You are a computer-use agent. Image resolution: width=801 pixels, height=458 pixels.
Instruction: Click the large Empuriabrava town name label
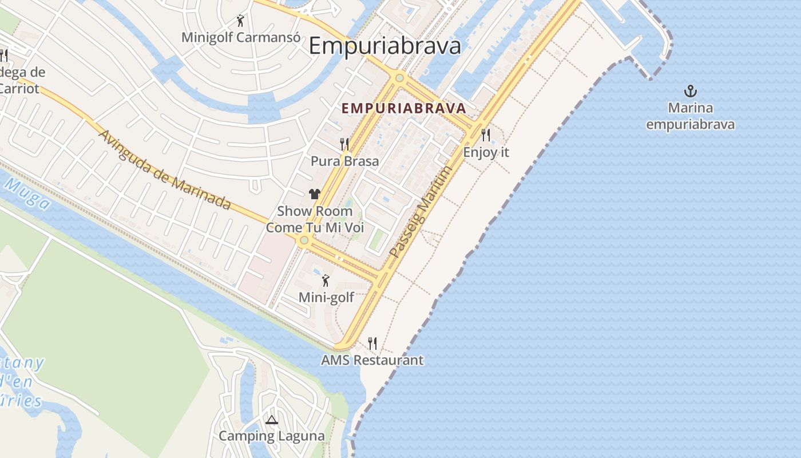pyautogui.click(x=385, y=46)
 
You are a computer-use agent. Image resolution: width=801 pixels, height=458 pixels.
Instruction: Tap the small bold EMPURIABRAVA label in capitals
pyautogui.click(x=404, y=108)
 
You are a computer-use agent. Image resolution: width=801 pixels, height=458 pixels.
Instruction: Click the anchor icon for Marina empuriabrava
pyautogui.click(x=691, y=91)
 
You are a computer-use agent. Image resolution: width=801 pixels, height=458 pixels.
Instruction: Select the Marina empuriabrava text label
pyautogui.click(x=691, y=116)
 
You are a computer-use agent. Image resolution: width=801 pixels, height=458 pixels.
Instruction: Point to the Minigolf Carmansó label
pyautogui.click(x=241, y=37)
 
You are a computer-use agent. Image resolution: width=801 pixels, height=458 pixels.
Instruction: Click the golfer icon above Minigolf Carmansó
pyautogui.click(x=240, y=21)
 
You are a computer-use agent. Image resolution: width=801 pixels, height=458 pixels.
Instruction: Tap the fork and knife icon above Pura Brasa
pyautogui.click(x=344, y=144)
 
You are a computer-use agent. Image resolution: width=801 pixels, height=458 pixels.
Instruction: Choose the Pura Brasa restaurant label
pyautogui.click(x=344, y=161)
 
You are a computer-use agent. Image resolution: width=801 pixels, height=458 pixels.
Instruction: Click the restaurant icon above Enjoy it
pyautogui.click(x=486, y=135)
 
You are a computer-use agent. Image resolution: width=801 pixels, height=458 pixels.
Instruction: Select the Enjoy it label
pyautogui.click(x=486, y=153)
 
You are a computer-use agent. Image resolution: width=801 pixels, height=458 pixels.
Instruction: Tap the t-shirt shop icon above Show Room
pyautogui.click(x=314, y=194)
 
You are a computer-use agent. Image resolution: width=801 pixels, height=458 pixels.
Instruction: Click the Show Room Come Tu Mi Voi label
pyautogui.click(x=315, y=219)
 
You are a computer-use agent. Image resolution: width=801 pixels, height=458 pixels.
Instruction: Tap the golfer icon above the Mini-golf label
pyautogui.click(x=326, y=281)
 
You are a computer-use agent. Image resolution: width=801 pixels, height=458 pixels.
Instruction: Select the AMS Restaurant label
pyautogui.click(x=372, y=360)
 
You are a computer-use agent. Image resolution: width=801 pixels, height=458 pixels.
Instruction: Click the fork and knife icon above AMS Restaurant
pyautogui.click(x=372, y=343)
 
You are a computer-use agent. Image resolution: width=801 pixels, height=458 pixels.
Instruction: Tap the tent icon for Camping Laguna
pyautogui.click(x=271, y=420)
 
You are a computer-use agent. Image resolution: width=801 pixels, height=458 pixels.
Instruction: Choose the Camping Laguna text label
pyautogui.click(x=271, y=436)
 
